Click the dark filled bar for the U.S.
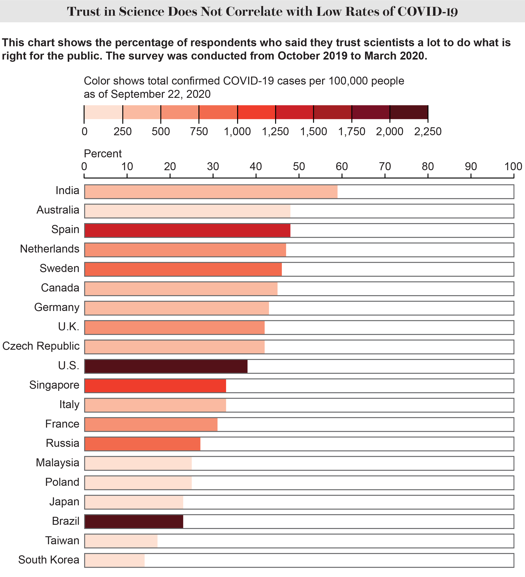[x=166, y=366]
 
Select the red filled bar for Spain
[x=187, y=230]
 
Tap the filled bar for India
[x=211, y=191]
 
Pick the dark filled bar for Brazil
[x=134, y=521]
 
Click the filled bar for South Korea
[x=115, y=560]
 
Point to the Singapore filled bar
[x=155, y=386]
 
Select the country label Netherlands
[x=50, y=249]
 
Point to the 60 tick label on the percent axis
[x=342, y=166]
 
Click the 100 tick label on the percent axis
[x=513, y=166]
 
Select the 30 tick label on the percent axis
[x=213, y=166]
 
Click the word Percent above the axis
[x=103, y=154]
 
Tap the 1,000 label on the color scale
[x=237, y=132]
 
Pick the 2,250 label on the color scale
[x=428, y=132]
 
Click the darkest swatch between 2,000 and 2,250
[x=409, y=112]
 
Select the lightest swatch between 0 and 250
[x=103, y=112]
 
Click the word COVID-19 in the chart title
[x=428, y=12]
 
